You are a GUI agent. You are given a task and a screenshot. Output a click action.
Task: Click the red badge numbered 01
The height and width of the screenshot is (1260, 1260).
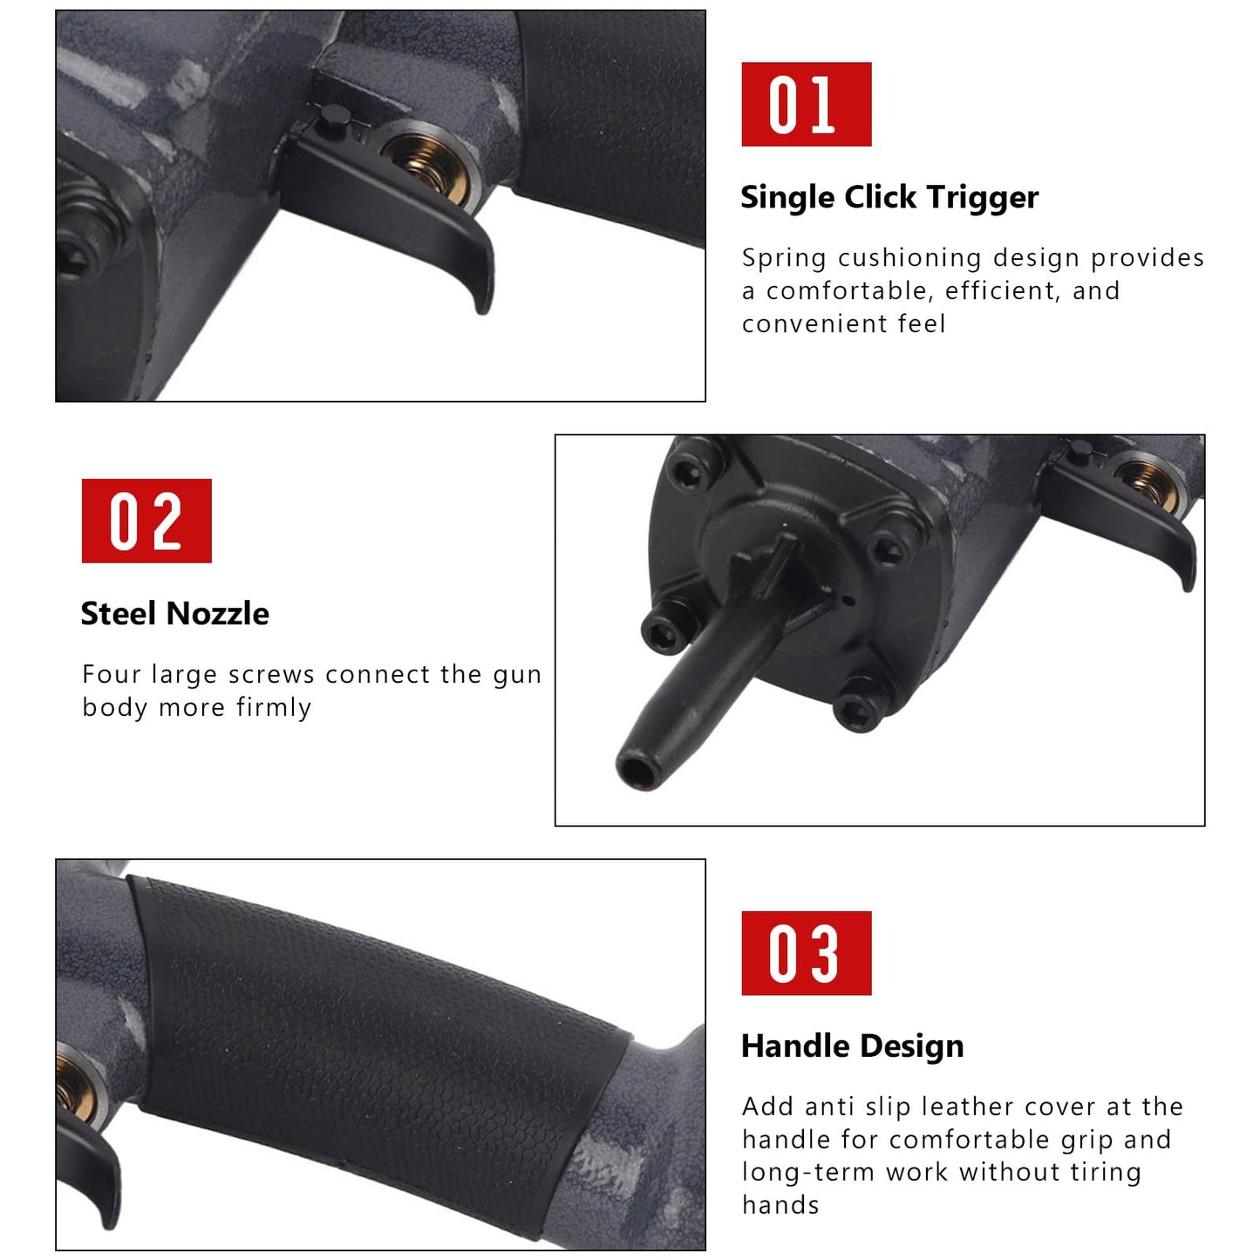click(x=806, y=104)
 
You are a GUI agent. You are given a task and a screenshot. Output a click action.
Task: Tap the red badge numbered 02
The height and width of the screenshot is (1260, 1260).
click(x=146, y=521)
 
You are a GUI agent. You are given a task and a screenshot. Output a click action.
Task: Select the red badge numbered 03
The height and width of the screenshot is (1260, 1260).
click(x=806, y=953)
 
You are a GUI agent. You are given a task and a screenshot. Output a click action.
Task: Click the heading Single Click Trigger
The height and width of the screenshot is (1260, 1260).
click(x=889, y=197)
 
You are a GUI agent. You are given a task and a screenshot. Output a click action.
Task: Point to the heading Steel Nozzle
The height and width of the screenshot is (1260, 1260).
click(x=174, y=614)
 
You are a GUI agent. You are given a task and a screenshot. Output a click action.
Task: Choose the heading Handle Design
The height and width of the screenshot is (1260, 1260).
click(x=852, y=1045)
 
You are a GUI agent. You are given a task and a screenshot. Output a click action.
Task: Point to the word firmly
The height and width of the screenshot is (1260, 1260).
click(x=274, y=707)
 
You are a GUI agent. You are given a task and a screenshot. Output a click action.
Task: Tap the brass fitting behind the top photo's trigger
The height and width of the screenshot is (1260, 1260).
click(x=427, y=161)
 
